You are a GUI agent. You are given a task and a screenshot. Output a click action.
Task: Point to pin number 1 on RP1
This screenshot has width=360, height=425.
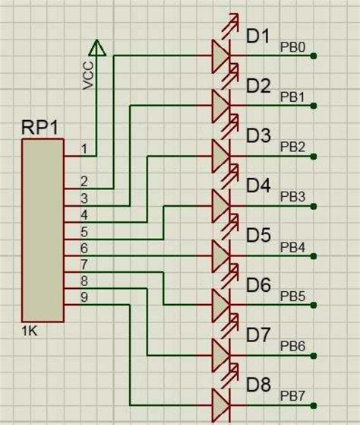point(85,148)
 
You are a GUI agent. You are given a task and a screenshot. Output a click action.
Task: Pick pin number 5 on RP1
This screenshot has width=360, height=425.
point(84,231)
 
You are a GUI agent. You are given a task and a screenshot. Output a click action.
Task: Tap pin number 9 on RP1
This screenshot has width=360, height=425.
point(84,297)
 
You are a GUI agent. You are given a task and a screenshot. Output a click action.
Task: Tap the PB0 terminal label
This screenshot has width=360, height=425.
point(292,47)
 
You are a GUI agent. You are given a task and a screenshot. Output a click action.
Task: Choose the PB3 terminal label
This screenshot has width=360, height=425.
point(292,196)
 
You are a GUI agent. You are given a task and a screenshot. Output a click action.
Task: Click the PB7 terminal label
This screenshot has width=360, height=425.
point(292,395)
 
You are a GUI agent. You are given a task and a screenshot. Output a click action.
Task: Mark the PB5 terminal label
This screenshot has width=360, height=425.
point(292,296)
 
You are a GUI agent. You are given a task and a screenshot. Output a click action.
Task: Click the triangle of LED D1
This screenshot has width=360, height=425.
point(219,56)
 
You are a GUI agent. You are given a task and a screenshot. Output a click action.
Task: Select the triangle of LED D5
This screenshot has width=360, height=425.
point(219,255)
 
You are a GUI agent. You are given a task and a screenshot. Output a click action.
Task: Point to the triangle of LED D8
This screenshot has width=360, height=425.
point(219,404)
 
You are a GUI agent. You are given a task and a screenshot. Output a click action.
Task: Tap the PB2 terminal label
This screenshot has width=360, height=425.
point(292,147)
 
